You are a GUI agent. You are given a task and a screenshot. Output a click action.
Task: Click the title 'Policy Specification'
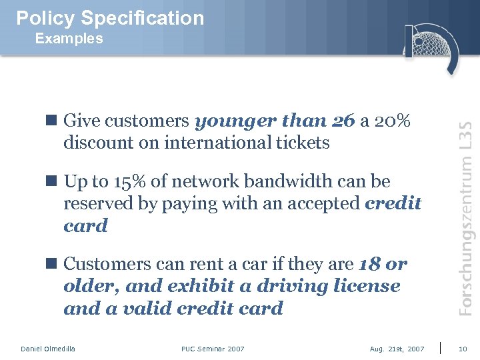[x=110, y=18]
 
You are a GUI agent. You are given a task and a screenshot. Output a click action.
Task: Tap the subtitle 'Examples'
[x=69, y=39]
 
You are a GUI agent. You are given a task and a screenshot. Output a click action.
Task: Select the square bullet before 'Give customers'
[x=51, y=121]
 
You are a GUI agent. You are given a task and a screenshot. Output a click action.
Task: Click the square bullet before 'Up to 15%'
[x=51, y=181]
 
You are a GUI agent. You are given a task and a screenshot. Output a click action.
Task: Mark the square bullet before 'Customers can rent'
[x=51, y=264]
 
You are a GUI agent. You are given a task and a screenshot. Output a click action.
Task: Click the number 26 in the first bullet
[x=343, y=121]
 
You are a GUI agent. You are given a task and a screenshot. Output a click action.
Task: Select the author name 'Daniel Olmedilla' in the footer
[x=48, y=349]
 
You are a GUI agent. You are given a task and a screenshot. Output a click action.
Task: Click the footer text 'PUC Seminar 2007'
[x=213, y=349]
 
